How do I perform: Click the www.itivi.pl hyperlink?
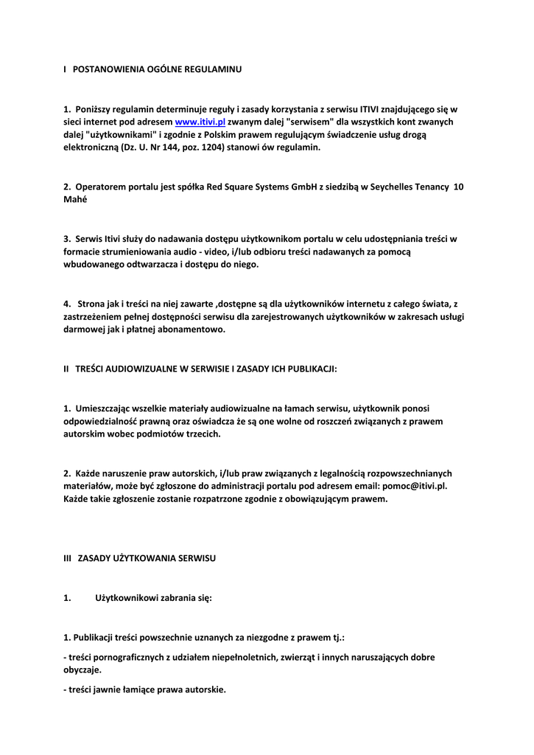pyautogui.click(x=200, y=122)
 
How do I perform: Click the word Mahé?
pyautogui.click(x=75, y=200)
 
